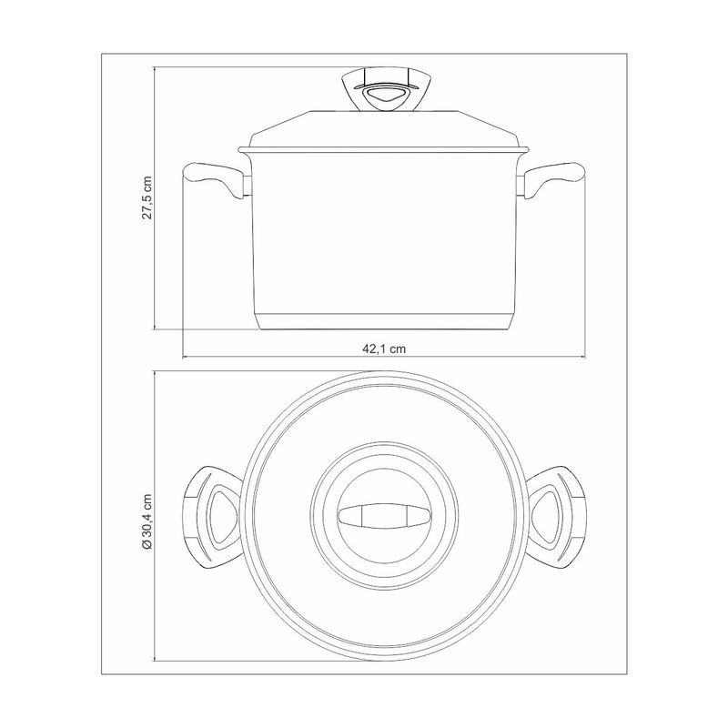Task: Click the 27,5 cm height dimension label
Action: [x=147, y=197]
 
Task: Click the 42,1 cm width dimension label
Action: [x=384, y=349]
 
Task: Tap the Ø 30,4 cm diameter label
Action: [x=147, y=521]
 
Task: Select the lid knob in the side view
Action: [x=384, y=90]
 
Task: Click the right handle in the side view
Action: [x=552, y=180]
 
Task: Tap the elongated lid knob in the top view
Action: [x=384, y=516]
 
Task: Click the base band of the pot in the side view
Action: [x=385, y=321]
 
